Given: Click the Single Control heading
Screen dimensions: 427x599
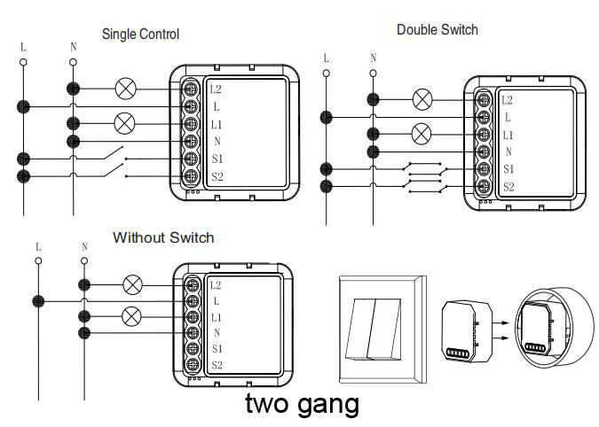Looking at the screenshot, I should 140,35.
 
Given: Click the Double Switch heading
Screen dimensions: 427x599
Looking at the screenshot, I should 437,29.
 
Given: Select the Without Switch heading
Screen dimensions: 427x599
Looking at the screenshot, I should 163,238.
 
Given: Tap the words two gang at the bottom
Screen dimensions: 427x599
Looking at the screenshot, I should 302,404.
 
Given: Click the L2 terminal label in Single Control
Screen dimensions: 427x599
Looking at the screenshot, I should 217,89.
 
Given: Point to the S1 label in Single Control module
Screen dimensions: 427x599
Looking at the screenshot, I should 217,159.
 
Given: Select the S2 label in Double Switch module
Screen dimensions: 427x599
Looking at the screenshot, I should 508,187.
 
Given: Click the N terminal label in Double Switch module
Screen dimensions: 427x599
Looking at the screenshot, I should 508,152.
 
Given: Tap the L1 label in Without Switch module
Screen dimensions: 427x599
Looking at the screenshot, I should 217,317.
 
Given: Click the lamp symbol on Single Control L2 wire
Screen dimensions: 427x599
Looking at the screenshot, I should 125,89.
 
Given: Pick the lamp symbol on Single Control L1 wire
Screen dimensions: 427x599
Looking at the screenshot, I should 125,123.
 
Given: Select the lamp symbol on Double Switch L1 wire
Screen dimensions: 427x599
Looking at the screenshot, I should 422,134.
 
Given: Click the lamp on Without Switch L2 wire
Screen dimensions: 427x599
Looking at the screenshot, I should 132,284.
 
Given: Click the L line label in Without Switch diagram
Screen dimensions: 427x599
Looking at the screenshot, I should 37,246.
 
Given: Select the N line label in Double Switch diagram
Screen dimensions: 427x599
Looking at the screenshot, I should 374,58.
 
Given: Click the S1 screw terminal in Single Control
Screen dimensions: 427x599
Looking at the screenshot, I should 190,159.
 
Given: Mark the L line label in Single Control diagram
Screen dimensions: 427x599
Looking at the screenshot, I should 24,45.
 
